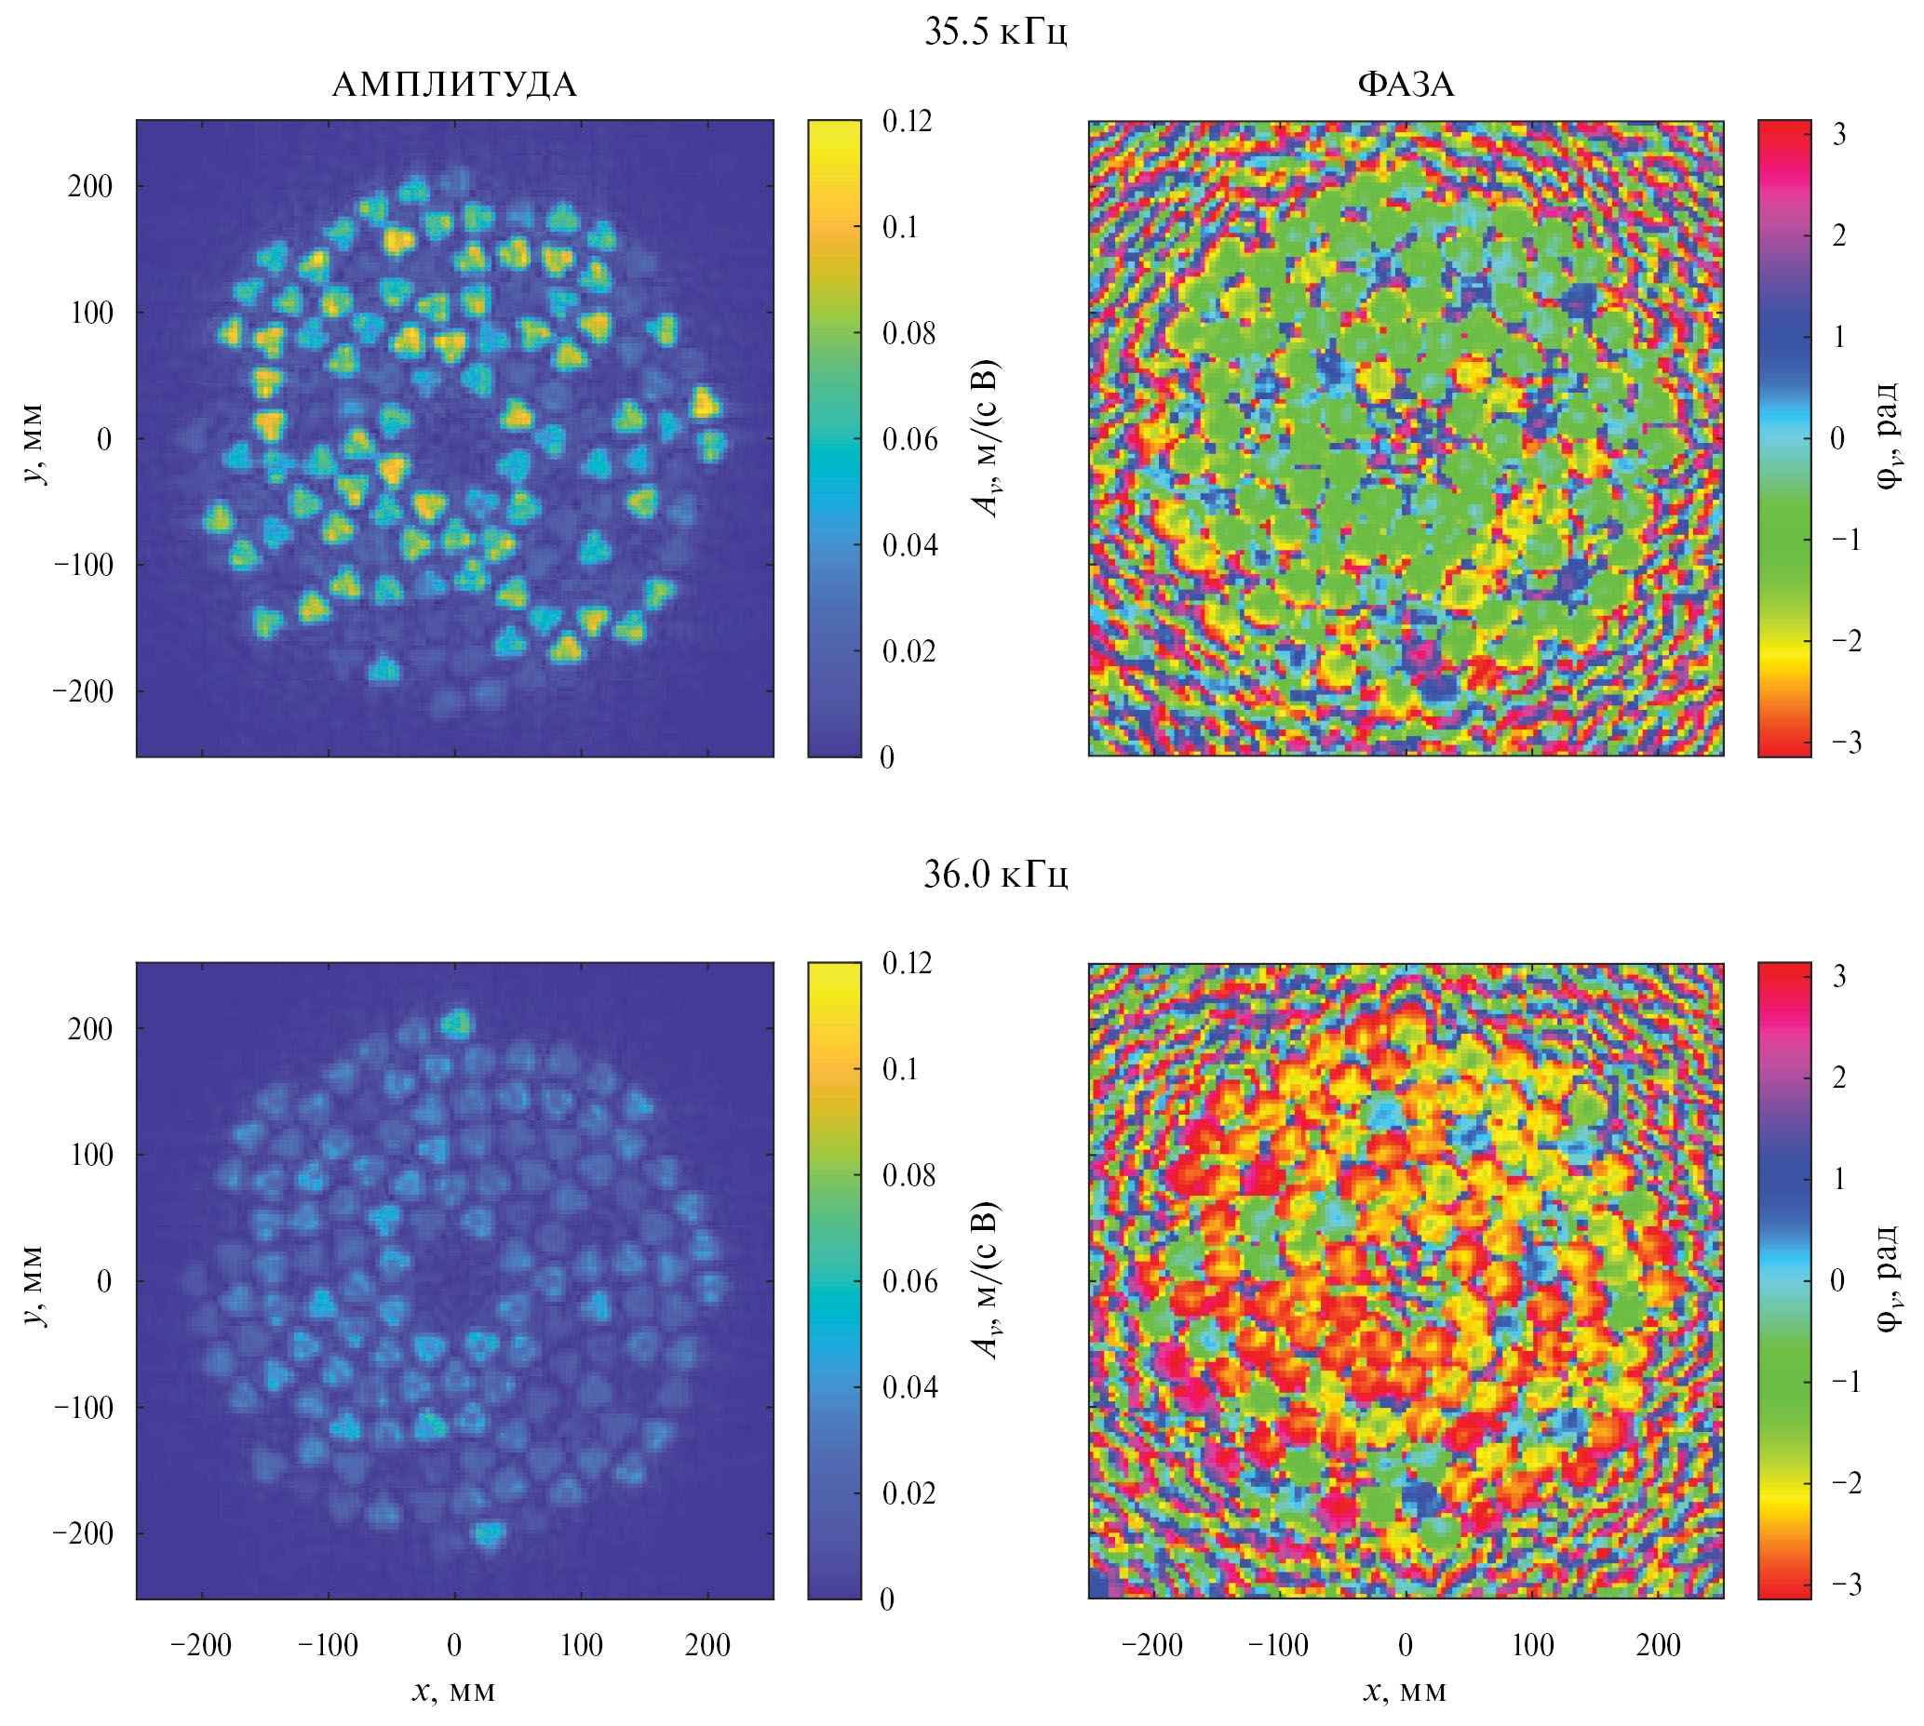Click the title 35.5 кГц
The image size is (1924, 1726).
click(x=995, y=32)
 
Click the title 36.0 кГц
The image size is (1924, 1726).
click(x=995, y=874)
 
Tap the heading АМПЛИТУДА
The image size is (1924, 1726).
click(x=453, y=86)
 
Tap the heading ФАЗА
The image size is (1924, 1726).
click(x=1405, y=86)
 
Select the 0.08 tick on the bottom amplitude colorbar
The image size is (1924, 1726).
click(x=908, y=1176)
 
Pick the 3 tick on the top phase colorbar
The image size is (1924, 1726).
click(x=1838, y=135)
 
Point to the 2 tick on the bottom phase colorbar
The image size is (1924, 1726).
click(x=1838, y=1077)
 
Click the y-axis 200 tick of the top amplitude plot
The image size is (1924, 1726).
click(x=90, y=186)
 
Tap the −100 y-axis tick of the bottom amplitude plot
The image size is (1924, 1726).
click(x=84, y=1408)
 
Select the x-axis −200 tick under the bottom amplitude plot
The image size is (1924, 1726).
click(x=201, y=1644)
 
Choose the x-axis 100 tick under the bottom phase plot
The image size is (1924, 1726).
click(x=1532, y=1644)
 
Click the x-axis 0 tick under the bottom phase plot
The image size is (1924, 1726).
click(x=1405, y=1644)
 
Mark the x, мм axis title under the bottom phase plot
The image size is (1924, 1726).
click(x=1405, y=1690)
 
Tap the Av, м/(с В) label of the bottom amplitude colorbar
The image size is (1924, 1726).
click(x=989, y=1280)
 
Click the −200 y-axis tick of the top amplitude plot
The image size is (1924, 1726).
click(x=84, y=691)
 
